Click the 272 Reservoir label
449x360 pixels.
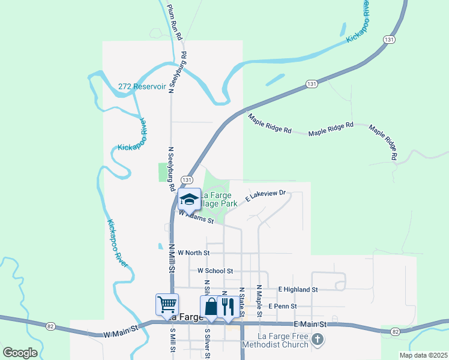click(x=142, y=86)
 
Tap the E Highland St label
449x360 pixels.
click(x=298, y=289)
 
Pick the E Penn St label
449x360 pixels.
click(x=283, y=306)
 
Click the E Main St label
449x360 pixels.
click(x=310, y=324)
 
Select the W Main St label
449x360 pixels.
click(x=121, y=329)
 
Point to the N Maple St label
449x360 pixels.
click(x=259, y=301)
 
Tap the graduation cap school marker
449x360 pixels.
click(x=189, y=200)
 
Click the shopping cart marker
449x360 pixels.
click(x=166, y=304)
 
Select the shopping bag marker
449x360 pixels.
click(x=211, y=307)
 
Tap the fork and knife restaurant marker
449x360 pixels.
click(x=228, y=307)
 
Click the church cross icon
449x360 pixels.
click(x=318, y=341)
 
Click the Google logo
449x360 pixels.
click(x=20, y=353)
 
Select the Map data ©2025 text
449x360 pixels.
click(x=423, y=355)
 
